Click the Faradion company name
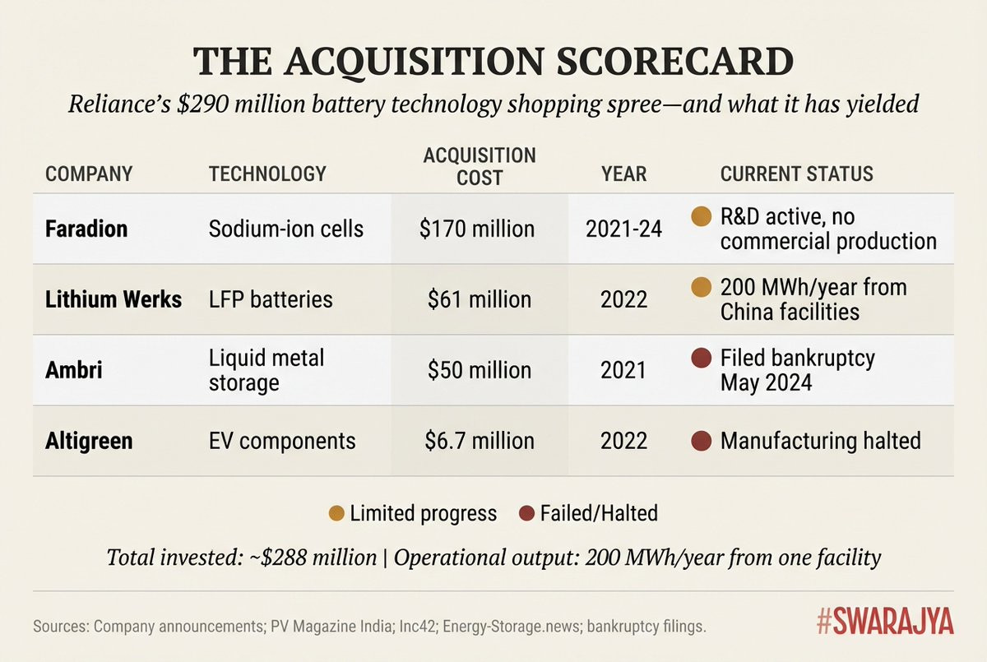(86, 228)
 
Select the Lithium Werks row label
(114, 299)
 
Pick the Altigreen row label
(89, 441)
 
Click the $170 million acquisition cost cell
(476, 228)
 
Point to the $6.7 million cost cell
(480, 441)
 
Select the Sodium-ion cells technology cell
(286, 228)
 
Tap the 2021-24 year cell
(623, 228)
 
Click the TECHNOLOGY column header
(267, 174)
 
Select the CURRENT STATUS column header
(796, 174)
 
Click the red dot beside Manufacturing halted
(701, 441)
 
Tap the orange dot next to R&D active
(701, 217)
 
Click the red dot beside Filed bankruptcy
(701, 359)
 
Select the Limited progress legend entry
(414, 514)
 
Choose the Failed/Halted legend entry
(589, 514)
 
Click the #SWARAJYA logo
(885, 623)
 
